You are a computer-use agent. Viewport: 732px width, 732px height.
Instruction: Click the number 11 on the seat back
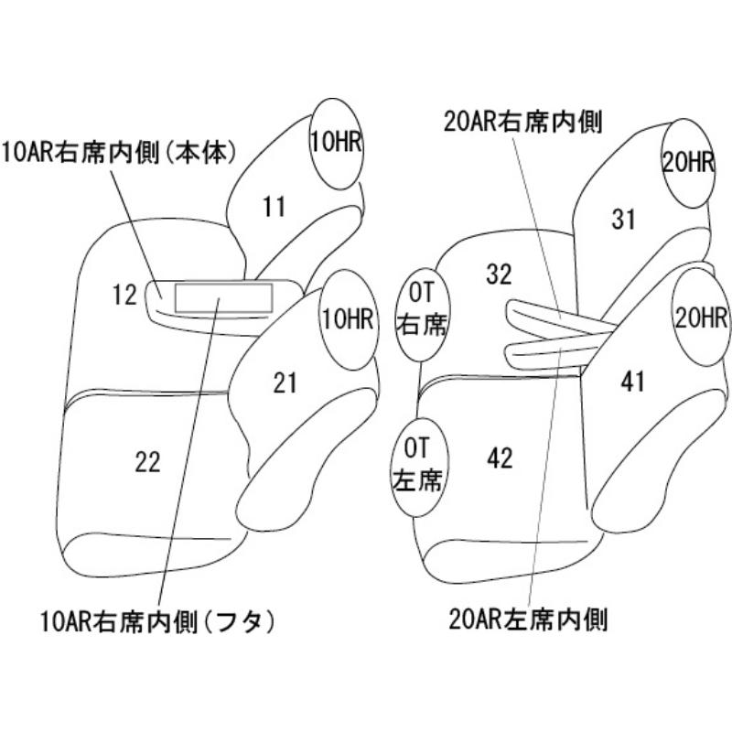click(274, 207)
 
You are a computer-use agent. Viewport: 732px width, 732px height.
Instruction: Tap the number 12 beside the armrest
click(124, 295)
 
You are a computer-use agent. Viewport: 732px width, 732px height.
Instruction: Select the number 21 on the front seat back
click(285, 382)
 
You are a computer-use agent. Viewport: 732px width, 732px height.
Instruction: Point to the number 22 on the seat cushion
click(147, 462)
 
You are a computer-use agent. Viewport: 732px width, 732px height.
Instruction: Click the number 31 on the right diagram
click(623, 219)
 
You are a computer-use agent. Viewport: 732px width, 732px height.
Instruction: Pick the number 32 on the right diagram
click(499, 274)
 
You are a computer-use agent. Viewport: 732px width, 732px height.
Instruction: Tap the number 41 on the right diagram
click(632, 382)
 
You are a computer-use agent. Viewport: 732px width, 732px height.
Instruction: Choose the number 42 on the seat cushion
click(500, 458)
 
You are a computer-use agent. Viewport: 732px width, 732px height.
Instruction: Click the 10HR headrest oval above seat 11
click(337, 144)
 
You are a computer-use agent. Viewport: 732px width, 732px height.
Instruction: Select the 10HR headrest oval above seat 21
click(349, 320)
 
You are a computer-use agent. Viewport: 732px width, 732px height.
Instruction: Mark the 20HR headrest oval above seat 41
click(701, 318)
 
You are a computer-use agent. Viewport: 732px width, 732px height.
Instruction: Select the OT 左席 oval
click(417, 467)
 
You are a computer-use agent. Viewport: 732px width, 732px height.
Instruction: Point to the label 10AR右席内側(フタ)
click(156, 621)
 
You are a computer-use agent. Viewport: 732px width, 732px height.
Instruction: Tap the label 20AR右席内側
click(522, 122)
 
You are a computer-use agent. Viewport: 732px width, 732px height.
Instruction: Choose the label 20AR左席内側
click(528, 619)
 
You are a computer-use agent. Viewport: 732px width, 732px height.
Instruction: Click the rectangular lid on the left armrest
click(223, 297)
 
